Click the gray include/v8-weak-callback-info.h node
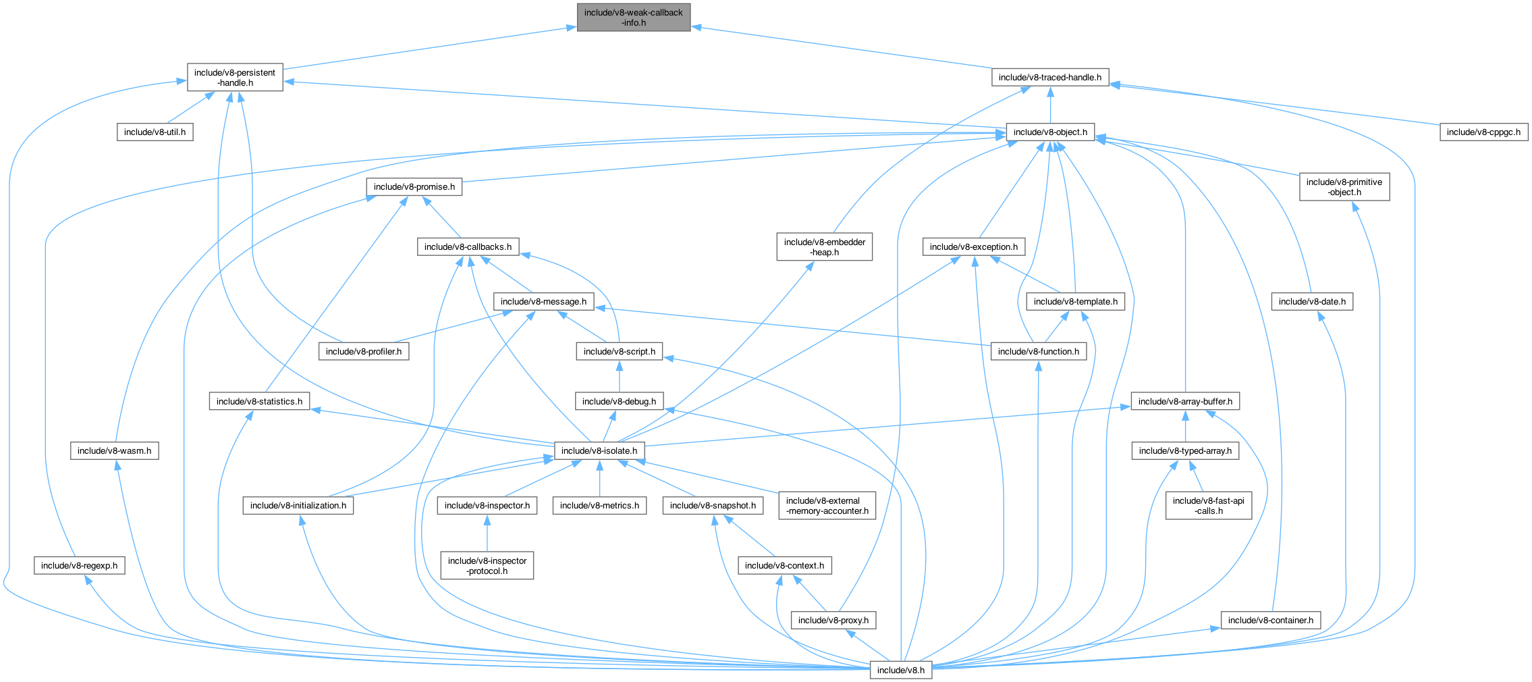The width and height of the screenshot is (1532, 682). [x=633, y=18]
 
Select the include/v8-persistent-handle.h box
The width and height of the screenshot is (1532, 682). [x=234, y=78]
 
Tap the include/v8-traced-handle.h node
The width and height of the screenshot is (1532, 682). [x=1049, y=78]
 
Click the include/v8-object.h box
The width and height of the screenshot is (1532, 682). [x=1049, y=132]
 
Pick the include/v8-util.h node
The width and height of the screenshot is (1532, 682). [x=155, y=132]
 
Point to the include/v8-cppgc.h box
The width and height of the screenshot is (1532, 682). [x=1483, y=132]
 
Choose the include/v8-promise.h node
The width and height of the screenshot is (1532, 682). [x=414, y=187]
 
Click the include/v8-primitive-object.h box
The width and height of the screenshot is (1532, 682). [x=1344, y=187]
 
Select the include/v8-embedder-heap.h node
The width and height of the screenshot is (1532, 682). [x=824, y=247]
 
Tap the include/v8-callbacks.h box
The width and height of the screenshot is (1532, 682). [x=468, y=247]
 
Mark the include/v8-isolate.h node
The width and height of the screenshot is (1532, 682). [x=599, y=451]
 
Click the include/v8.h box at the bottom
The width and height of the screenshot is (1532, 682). [x=900, y=670]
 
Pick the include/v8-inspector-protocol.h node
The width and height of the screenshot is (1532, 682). [x=487, y=566]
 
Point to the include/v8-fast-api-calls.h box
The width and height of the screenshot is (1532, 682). [x=1208, y=506]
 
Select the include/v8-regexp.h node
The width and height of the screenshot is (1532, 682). [x=79, y=566]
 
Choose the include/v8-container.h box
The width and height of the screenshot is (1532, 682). [x=1270, y=621]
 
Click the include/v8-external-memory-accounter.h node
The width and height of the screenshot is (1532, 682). [x=827, y=506]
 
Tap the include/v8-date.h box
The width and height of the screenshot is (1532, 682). [x=1311, y=302]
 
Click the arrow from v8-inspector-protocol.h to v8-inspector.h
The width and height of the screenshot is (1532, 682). [x=487, y=533]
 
